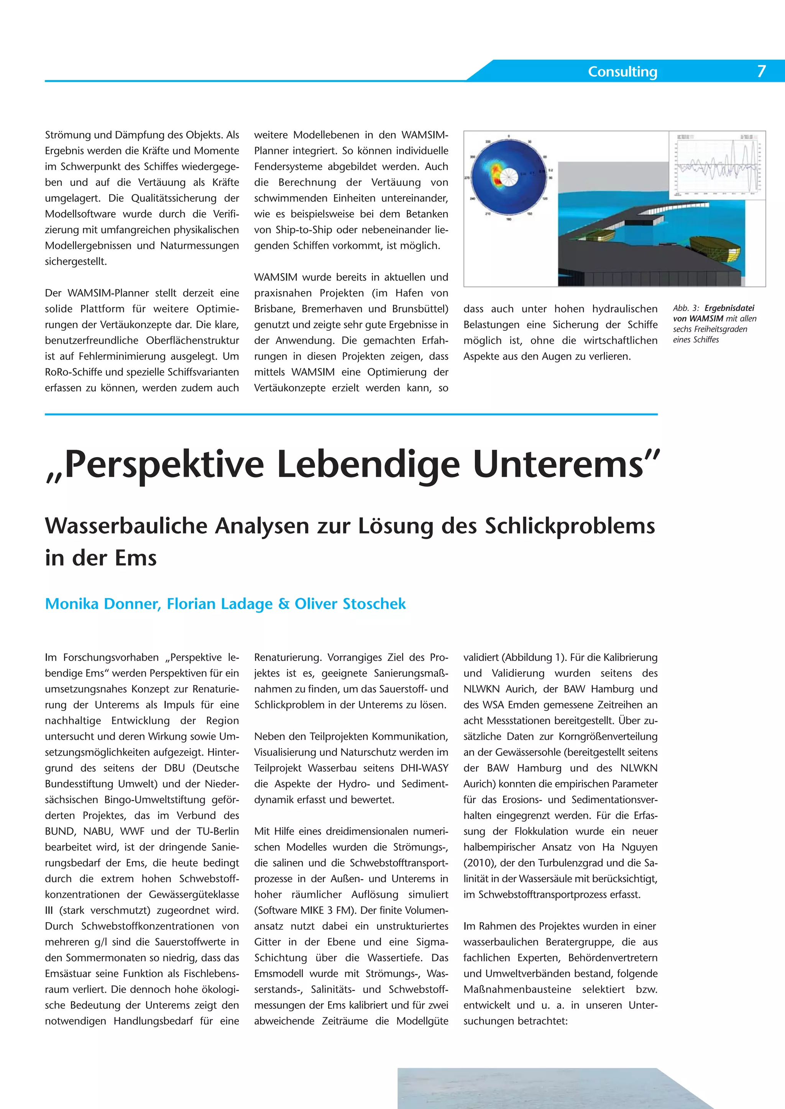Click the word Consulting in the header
pyautogui.click(x=622, y=72)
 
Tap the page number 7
pyautogui.click(x=761, y=71)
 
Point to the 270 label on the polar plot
pyautogui.click(x=467, y=178)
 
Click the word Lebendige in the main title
pyautogui.click(x=368, y=464)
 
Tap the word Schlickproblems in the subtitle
pyautogui.click(x=570, y=526)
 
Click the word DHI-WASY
pyautogui.click(x=424, y=768)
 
